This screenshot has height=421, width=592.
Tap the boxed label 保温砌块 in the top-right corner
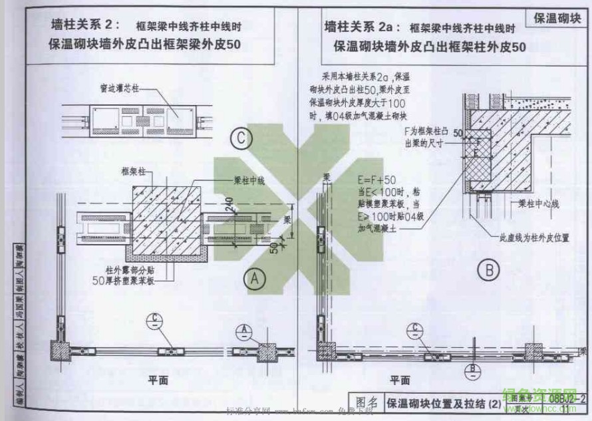coord(557,18)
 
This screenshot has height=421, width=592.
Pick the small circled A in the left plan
coord(244,331)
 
